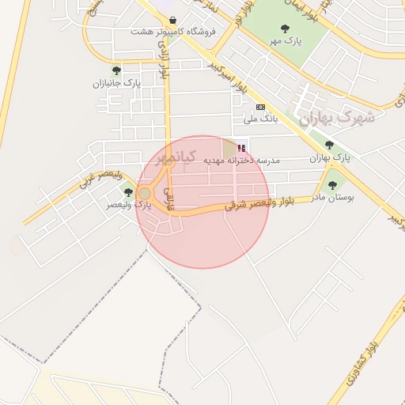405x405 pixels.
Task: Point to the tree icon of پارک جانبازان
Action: (116, 70)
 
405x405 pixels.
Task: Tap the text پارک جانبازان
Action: (116, 82)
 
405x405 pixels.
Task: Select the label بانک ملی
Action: (260, 119)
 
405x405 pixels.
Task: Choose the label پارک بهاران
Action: (329, 157)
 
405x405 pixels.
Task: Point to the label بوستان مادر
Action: (332, 196)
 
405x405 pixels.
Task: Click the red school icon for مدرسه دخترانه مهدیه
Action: (241, 148)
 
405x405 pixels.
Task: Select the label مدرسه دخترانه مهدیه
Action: (242, 160)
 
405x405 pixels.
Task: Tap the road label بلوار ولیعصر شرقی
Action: (259, 203)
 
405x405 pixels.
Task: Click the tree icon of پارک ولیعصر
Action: (128, 192)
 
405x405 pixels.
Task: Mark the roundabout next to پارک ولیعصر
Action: (145, 194)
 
